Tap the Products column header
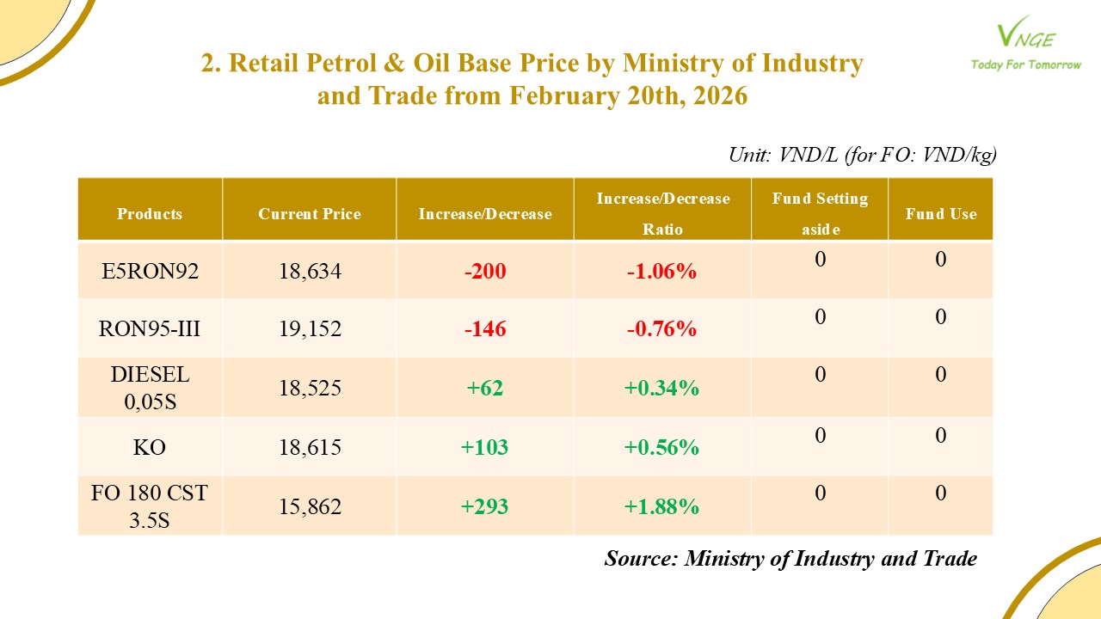tap(150, 214)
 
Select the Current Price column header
tap(310, 214)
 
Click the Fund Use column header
tap(941, 214)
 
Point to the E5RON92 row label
tap(150, 272)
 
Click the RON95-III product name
tap(150, 329)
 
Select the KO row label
tap(150, 448)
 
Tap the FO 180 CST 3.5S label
tap(150, 506)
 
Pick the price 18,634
tap(310, 272)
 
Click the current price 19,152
tap(310, 329)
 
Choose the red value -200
tap(485, 272)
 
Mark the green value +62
tap(485, 389)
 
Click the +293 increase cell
tap(485, 506)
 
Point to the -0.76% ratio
tap(661, 329)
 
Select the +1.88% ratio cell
tap(661, 506)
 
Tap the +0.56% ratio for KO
tap(661, 448)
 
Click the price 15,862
tap(310, 506)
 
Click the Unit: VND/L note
tap(863, 155)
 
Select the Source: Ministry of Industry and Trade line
tap(790, 559)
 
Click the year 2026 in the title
tap(718, 96)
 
